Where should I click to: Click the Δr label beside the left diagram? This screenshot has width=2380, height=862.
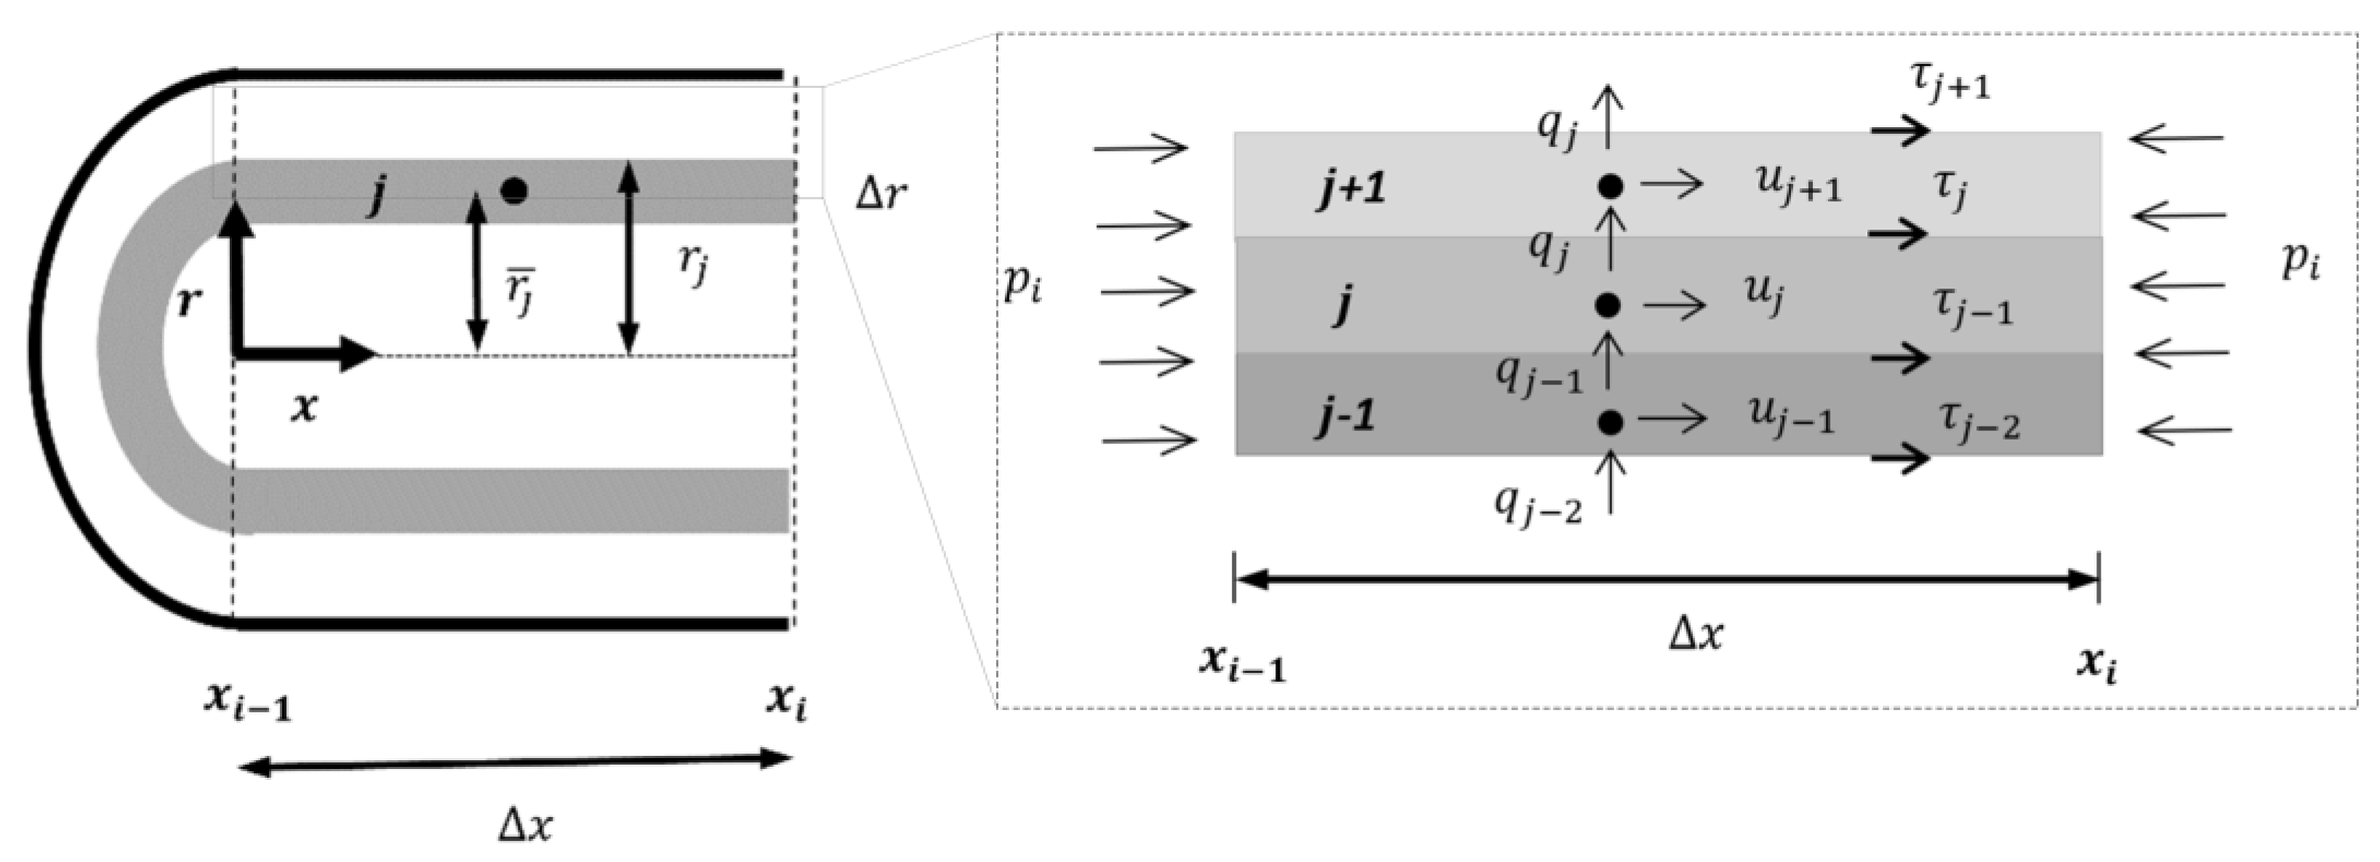coord(881,194)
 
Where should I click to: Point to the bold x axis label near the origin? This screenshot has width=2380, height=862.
coord(304,408)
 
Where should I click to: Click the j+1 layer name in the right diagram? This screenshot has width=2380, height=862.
coord(1352,190)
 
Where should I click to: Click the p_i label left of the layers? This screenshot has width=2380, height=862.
coord(1023,286)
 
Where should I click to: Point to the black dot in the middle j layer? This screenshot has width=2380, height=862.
coord(1608,304)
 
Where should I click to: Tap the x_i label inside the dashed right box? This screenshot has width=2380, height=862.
coord(2097,664)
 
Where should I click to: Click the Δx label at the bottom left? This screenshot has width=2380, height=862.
coord(526,824)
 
